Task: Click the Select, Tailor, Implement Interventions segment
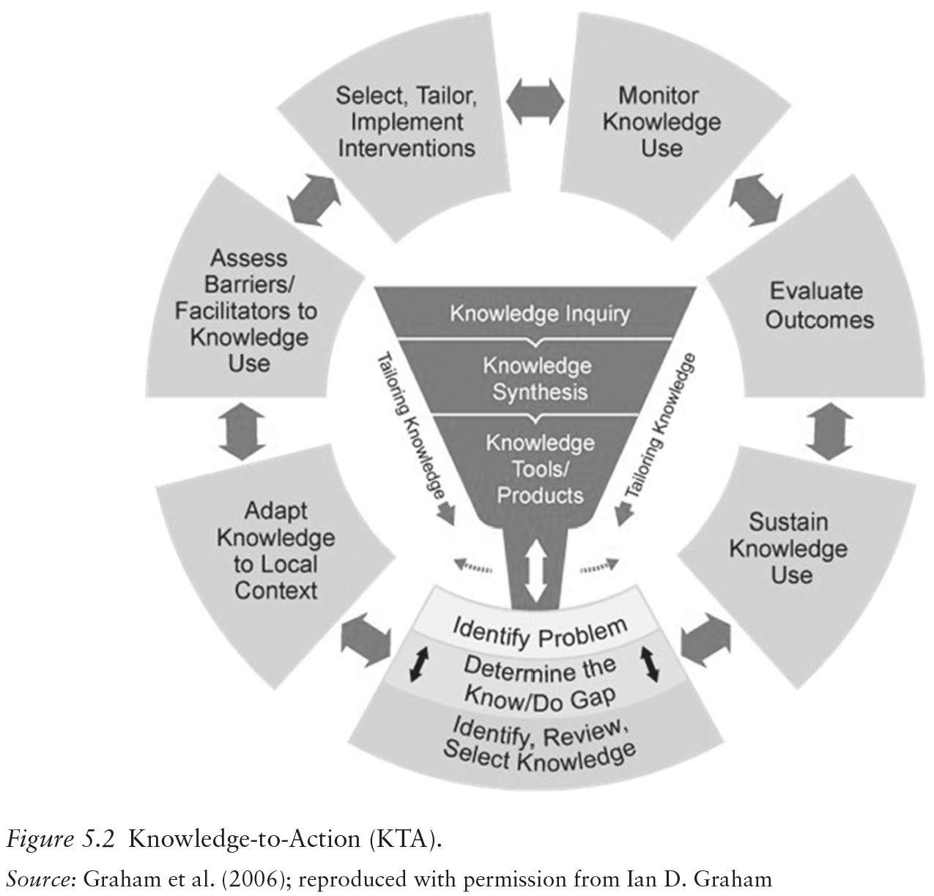tap(406, 122)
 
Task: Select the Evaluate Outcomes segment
tap(819, 306)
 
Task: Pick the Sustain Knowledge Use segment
tap(787, 549)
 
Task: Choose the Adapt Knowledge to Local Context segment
tap(275, 550)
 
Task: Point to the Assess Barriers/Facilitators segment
tap(247, 311)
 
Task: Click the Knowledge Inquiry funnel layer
tap(539, 314)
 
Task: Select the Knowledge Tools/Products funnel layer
tap(539, 469)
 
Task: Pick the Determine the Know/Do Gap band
tap(539, 679)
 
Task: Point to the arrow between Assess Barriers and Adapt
tap(240, 434)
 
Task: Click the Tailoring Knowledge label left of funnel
tap(412, 426)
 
